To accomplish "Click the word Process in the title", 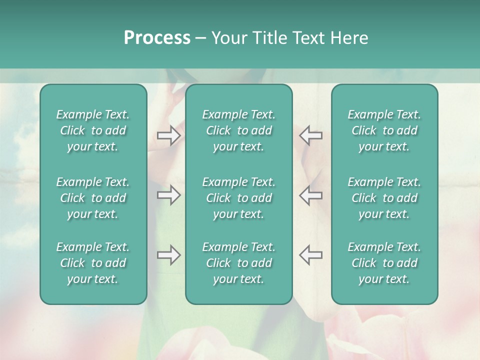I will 157,38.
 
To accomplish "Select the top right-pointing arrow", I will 168,135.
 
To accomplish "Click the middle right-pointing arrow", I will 168,195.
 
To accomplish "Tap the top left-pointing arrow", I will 311,135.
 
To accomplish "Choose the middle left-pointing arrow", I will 311,195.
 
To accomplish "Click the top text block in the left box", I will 93,130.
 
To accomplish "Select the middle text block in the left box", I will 93,198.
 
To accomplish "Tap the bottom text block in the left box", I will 93,263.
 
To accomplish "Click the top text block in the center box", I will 239,130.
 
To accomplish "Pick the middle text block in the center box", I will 239,198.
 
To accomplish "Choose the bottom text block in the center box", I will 239,263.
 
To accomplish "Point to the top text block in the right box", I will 384,130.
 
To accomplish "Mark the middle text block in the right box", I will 384,198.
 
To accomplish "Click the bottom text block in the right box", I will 384,263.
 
